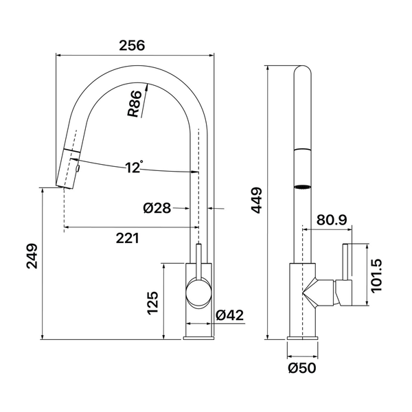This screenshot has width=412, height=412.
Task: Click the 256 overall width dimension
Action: [132, 45]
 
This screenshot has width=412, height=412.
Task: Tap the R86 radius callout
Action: [134, 104]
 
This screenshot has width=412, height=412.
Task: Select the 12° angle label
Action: [134, 167]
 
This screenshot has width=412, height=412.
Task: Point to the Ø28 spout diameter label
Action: [157, 208]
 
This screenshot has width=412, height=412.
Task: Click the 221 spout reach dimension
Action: [128, 238]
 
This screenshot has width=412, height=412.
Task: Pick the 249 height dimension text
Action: [32, 256]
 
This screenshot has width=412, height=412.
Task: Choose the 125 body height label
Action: [152, 303]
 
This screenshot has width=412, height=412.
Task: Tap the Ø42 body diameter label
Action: [229, 314]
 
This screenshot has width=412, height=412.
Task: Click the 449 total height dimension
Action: [257, 201]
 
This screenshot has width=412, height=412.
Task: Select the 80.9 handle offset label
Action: [332, 220]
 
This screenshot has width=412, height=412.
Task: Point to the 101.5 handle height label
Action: [376, 275]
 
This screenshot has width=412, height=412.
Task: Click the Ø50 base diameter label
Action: [302, 368]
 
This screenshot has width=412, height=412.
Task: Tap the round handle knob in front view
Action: [198, 293]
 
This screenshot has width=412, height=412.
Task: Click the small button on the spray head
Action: [78, 168]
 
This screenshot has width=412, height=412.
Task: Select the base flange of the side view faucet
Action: [302, 338]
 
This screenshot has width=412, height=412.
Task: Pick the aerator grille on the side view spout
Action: [302, 187]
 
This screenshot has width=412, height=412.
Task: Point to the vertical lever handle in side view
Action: [345, 262]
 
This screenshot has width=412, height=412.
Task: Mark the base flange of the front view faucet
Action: [198, 338]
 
